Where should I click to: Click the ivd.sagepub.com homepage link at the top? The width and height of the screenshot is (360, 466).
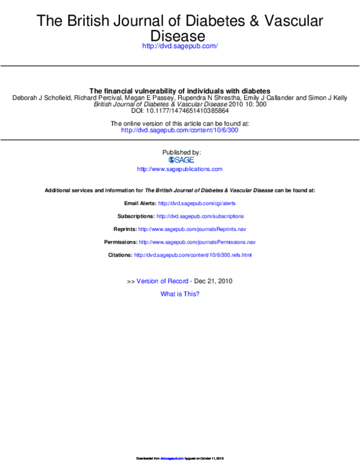point(180,46)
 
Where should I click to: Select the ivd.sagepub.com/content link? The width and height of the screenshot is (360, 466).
point(179,130)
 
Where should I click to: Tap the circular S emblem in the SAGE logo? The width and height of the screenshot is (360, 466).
point(171,160)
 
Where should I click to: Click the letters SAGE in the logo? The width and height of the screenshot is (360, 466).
point(184,160)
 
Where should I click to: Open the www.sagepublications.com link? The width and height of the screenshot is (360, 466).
point(179,169)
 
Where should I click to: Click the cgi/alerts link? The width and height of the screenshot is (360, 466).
point(197,203)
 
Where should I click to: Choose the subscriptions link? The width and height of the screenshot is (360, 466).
point(200,216)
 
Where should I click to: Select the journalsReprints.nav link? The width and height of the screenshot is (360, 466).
point(192,229)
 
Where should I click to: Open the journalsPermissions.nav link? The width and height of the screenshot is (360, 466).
point(197,242)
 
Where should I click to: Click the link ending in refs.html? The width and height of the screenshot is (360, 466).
point(192,255)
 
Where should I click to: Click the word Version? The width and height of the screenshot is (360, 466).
point(146,281)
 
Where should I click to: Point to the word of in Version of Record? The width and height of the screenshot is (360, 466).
point(162,281)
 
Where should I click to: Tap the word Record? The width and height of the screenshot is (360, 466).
point(178,281)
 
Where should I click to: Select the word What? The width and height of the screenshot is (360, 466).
point(167,294)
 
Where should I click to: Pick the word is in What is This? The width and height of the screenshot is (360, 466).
point(179,294)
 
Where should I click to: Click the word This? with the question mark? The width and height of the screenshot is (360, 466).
point(192,294)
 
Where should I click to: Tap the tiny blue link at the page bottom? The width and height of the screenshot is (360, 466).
point(172,459)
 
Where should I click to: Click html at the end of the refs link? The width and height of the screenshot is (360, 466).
point(246,255)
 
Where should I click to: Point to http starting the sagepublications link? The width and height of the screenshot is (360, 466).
point(143,169)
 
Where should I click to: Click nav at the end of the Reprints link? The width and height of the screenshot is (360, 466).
point(242,229)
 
